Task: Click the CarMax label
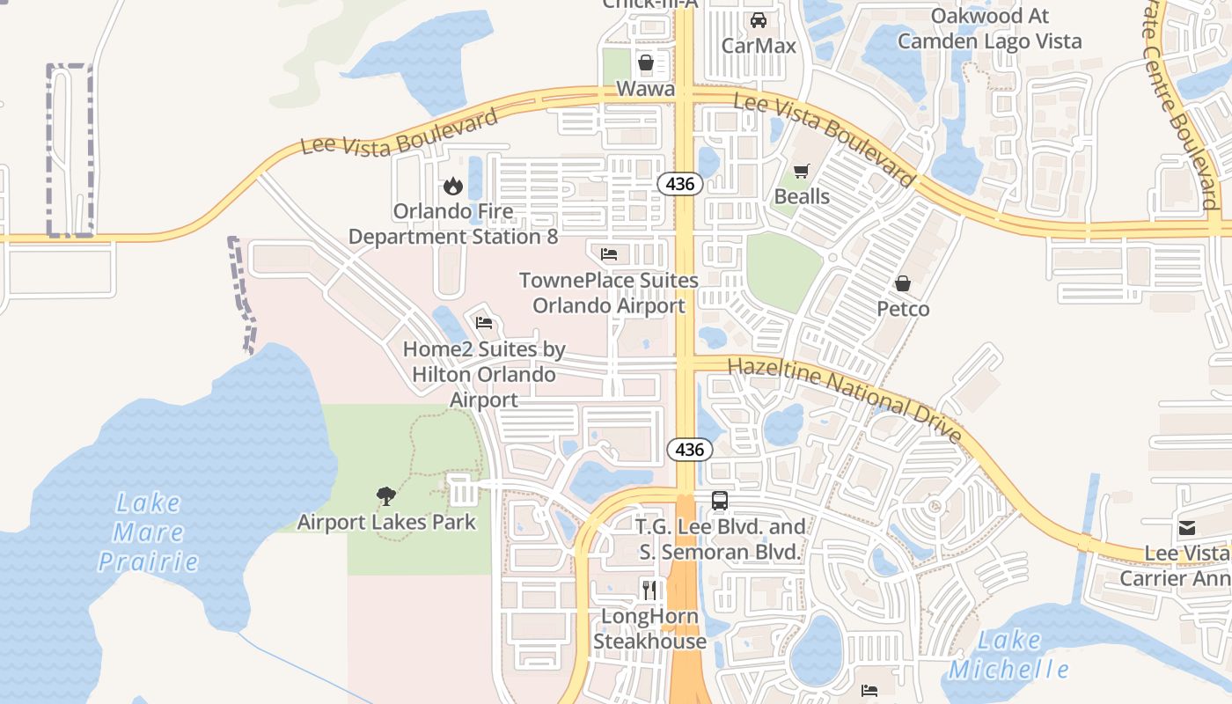click(x=758, y=46)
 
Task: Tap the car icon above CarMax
click(x=758, y=20)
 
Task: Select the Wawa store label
click(x=645, y=89)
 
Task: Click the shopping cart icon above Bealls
click(x=801, y=172)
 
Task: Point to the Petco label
click(x=903, y=309)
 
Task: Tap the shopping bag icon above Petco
click(x=903, y=283)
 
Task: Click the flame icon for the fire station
click(x=453, y=186)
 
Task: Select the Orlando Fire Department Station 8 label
click(x=453, y=224)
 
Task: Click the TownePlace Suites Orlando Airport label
click(x=608, y=293)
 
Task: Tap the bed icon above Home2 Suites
click(x=484, y=323)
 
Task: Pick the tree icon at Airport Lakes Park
click(x=385, y=496)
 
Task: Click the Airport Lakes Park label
click(x=385, y=522)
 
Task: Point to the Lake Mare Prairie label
click(x=148, y=532)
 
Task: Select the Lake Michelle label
click(x=1008, y=655)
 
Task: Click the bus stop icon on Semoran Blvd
click(x=720, y=501)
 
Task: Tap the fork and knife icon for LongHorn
click(x=649, y=590)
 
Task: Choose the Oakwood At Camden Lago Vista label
click(x=989, y=29)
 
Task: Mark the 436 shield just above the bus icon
click(x=690, y=450)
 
